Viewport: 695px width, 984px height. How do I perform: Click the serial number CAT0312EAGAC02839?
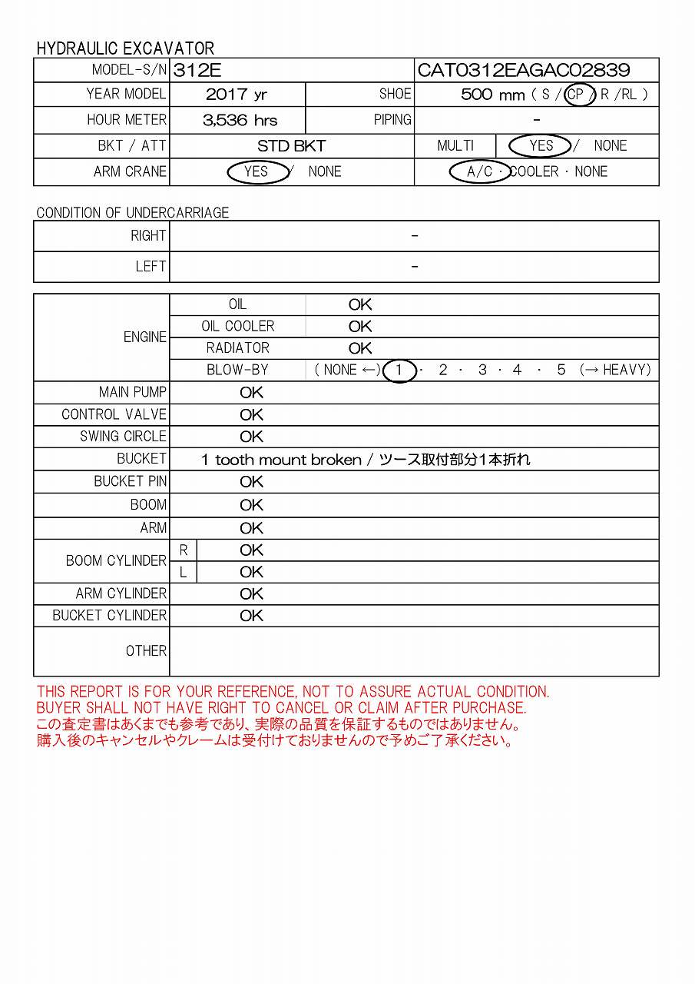[523, 71]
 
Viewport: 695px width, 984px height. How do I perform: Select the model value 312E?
[197, 71]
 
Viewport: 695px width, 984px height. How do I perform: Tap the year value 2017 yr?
[237, 95]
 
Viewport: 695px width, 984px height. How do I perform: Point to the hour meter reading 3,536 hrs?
[240, 120]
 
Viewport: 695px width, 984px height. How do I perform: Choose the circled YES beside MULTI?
[541, 145]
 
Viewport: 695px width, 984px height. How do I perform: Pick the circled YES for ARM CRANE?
[256, 171]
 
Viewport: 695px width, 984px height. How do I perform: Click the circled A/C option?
[480, 171]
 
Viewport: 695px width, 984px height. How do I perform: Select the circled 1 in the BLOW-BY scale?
[399, 370]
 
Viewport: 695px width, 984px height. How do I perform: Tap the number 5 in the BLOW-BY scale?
[561, 370]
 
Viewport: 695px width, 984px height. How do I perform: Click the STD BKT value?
[292, 145]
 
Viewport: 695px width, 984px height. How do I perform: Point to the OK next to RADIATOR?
[360, 348]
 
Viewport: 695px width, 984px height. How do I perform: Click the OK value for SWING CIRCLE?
[251, 437]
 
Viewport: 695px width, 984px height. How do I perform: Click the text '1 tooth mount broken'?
[281, 460]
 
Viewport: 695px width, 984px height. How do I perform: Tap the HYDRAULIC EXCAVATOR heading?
[125, 48]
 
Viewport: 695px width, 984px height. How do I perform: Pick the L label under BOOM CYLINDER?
[183, 572]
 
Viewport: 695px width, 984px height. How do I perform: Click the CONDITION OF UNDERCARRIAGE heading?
[133, 213]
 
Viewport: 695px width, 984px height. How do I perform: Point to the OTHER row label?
[146, 651]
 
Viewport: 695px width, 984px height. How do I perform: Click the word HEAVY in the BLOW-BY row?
[626, 370]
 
